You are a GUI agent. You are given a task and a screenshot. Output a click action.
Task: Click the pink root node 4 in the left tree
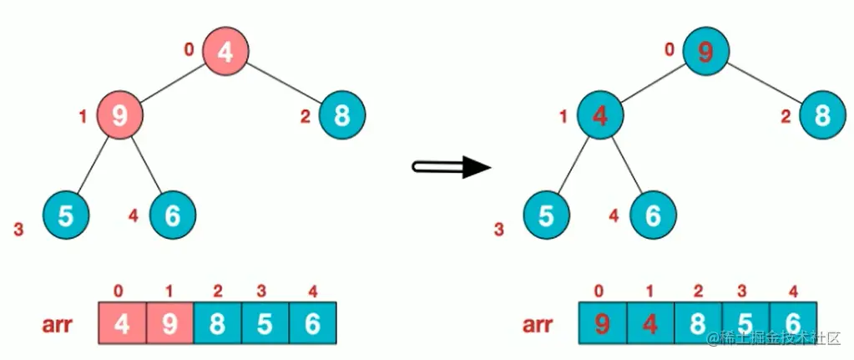tap(225, 52)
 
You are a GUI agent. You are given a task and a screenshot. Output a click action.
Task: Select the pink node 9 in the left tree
tap(119, 115)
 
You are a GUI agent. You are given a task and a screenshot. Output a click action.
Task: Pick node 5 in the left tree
tap(65, 215)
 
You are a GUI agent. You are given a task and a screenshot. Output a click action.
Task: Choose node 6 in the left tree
tap(173, 215)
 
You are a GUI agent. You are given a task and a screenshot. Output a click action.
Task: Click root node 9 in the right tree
tap(706, 52)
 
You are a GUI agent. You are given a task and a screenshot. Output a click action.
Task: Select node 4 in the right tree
tap(599, 115)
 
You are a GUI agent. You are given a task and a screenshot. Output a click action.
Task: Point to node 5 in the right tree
tap(546, 215)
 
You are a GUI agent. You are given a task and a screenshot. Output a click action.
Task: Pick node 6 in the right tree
tap(653, 215)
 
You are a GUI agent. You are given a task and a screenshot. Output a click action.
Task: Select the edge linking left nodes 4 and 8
tap(283, 83)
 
